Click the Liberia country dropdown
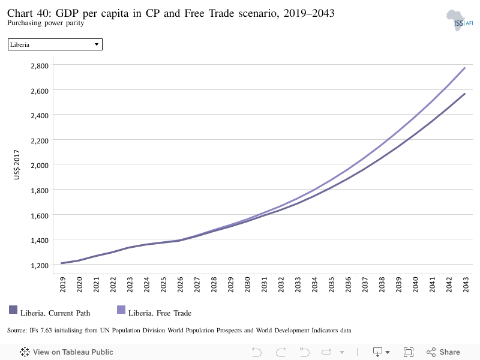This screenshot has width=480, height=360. (55, 44)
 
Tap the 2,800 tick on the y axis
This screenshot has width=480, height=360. (40, 66)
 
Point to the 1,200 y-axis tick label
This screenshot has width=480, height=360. (40, 265)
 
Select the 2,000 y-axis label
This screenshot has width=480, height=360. (40, 166)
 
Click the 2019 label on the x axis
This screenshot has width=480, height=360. (62, 284)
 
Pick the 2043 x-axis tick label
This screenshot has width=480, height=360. (466, 284)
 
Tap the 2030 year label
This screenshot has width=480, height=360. (247, 284)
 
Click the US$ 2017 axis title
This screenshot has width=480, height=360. (17, 164)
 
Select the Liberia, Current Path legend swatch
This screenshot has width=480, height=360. (13, 310)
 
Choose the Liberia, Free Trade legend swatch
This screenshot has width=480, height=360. (121, 310)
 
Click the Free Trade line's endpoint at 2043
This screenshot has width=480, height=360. (464, 68)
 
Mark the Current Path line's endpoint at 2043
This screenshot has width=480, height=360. (464, 94)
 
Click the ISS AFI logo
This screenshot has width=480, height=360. (460, 20)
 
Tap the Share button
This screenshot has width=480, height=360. (443, 352)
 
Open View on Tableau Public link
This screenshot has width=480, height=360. (67, 352)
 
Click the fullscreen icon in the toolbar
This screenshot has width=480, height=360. (409, 352)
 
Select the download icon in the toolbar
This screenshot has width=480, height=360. (377, 352)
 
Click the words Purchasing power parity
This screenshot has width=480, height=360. (46, 23)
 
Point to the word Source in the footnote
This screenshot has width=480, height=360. (17, 331)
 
